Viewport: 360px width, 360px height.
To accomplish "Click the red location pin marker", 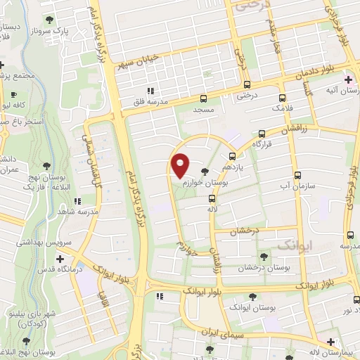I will [x=181, y=165].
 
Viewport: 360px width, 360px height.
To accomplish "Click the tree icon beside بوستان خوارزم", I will [x=205, y=171].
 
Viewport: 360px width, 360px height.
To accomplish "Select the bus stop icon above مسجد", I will [x=203, y=99].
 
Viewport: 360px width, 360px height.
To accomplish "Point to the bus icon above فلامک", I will [x=283, y=98].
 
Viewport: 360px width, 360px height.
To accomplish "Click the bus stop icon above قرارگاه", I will [x=262, y=133].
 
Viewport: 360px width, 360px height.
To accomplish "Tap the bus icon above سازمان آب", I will [x=297, y=175].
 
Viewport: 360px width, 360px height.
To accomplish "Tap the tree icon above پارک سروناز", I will [x=48, y=20].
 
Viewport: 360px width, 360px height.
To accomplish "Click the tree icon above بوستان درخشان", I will [x=264, y=257].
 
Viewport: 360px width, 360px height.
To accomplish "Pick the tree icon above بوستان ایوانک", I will [x=252, y=297].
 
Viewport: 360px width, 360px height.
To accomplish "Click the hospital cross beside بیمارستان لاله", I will [x=330, y=342].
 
